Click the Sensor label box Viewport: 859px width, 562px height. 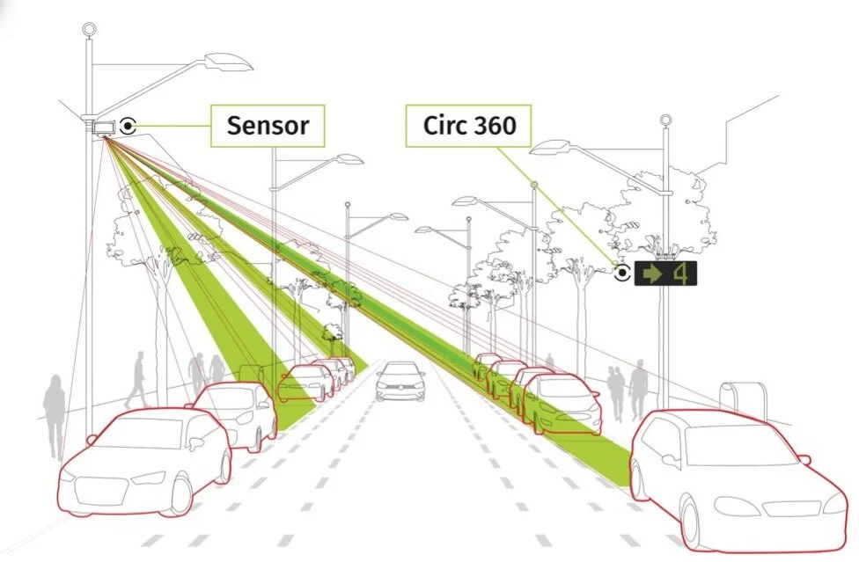[x=268, y=125]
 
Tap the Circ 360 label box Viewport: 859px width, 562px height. [x=469, y=127]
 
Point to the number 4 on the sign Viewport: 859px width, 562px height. [x=681, y=274]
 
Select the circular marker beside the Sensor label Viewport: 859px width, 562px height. [x=129, y=125]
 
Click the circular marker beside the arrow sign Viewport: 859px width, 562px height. [x=622, y=273]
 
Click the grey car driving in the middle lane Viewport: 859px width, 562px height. [x=400, y=382]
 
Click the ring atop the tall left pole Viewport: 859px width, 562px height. [x=89, y=29]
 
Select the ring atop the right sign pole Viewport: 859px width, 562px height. [x=666, y=120]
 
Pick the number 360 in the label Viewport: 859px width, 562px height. [x=494, y=127]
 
